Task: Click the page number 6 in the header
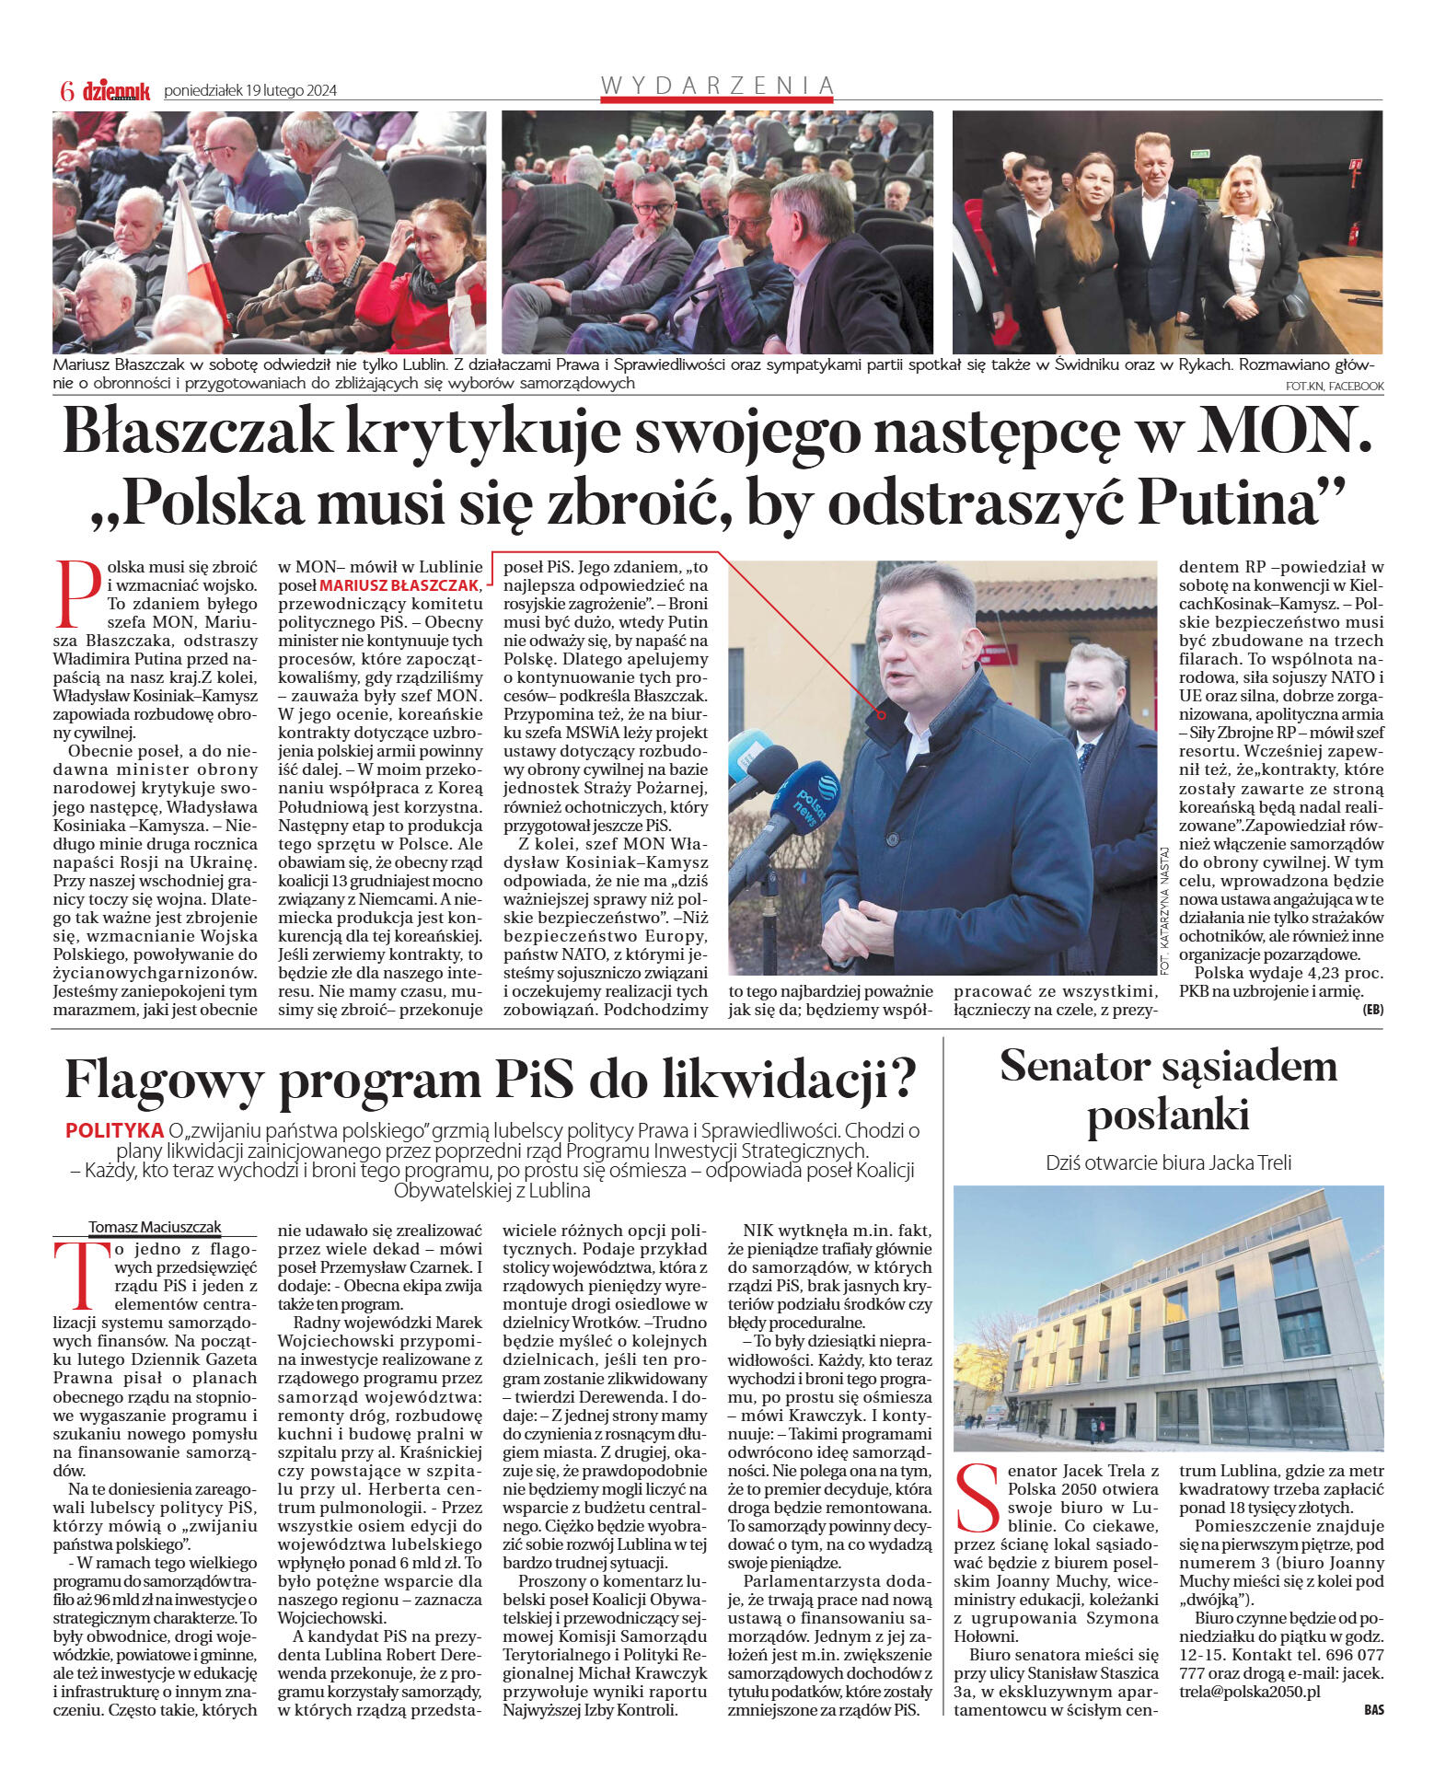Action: pos(66,90)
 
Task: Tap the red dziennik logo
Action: pos(116,90)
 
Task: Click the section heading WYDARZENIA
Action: pos(717,86)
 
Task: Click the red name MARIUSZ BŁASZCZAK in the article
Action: pos(399,585)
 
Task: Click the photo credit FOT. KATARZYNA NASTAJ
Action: pos(1164,911)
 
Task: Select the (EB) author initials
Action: pos(1372,1010)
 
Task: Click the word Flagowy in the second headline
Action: pos(164,1080)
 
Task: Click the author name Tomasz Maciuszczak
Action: pos(155,1227)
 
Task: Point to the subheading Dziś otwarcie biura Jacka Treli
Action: pos(1168,1162)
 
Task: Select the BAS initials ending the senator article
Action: pos(1373,1710)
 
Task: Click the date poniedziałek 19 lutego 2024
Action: pos(250,90)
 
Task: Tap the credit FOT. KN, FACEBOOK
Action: pos(1335,386)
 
